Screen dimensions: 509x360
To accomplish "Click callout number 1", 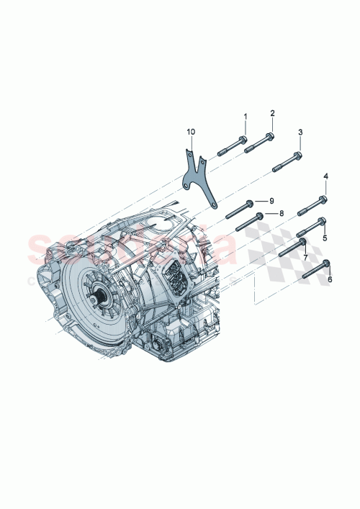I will [x=245, y=117].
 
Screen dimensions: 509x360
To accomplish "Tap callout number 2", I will [x=272, y=113].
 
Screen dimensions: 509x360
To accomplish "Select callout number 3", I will [x=300, y=132].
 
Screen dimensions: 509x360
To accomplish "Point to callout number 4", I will [x=325, y=176].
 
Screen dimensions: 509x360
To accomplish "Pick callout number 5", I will [x=325, y=238].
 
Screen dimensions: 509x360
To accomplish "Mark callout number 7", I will [x=305, y=257].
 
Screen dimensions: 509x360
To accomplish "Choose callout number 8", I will [x=282, y=214].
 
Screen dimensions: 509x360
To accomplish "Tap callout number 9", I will [x=272, y=199].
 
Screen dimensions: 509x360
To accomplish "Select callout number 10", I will [x=191, y=132].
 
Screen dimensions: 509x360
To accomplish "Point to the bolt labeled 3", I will [x=287, y=161].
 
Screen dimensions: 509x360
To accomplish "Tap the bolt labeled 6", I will [x=316, y=269].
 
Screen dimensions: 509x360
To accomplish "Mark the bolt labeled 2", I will [x=259, y=143].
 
